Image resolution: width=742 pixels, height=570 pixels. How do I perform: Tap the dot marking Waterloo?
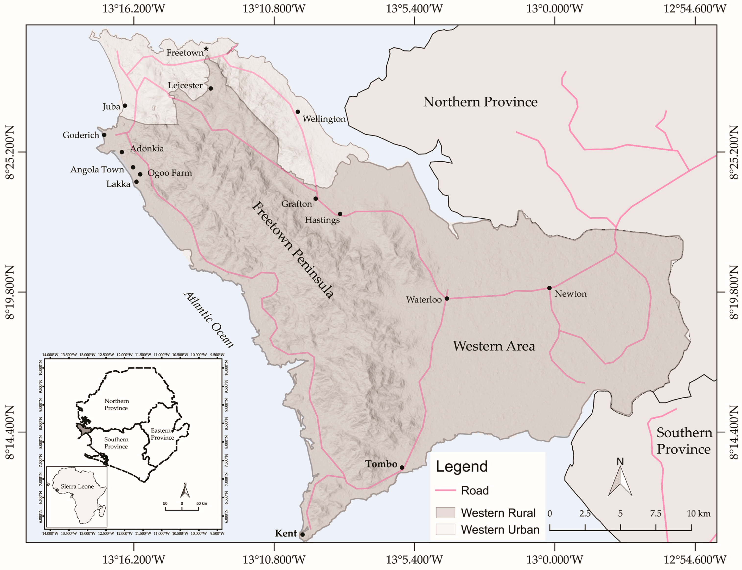coord(447,299)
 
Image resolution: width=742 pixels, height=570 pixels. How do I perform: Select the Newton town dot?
coord(549,288)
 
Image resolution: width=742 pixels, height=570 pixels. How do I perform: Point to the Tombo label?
coord(381,464)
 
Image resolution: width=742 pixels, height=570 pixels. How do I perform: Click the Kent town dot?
coord(302,534)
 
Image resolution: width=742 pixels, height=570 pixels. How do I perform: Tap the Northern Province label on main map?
coord(480,102)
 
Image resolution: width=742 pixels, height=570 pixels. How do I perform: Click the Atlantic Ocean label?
coord(209,320)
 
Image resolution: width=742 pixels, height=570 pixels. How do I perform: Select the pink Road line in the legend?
coord(445,490)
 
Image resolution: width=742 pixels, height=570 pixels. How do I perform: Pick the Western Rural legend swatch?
coord(445,513)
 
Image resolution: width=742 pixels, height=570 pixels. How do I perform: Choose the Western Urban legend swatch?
coord(445,529)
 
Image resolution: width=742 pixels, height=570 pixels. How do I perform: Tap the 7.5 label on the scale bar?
coord(655,513)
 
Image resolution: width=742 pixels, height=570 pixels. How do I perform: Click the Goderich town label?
coord(81,135)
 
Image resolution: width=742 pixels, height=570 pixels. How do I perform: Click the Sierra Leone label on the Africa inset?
coord(77,486)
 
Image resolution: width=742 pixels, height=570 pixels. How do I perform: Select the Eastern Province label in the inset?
coord(162,434)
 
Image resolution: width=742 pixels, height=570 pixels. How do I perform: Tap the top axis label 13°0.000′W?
coord(554,9)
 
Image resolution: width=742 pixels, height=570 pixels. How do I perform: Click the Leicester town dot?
coord(211,89)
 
